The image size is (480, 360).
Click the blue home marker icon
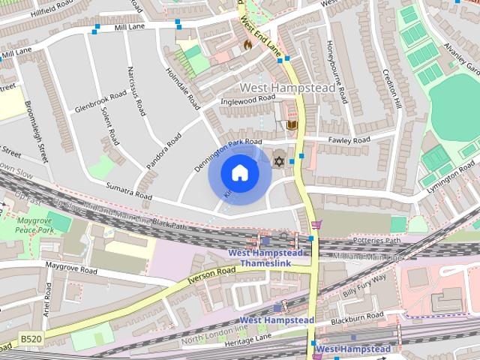(x=239, y=173)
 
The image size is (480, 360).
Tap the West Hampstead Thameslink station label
(x=265, y=259)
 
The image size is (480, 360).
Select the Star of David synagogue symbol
(x=279, y=160)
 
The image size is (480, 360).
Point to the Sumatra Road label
(x=128, y=191)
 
